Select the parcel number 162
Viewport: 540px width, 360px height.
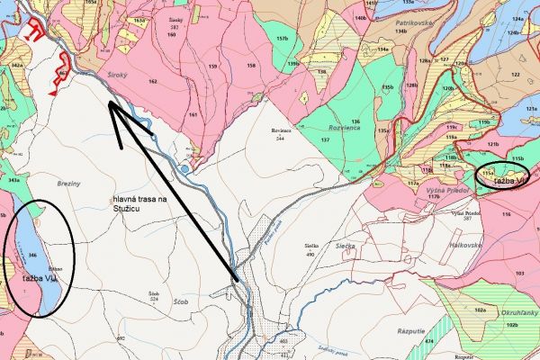point(152,82)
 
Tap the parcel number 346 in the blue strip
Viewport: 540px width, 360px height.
point(32,256)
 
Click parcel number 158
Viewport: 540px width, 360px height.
point(251,66)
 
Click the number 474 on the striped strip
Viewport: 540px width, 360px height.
point(428,343)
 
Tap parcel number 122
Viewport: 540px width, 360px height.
point(515,75)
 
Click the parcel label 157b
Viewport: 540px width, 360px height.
point(283,40)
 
